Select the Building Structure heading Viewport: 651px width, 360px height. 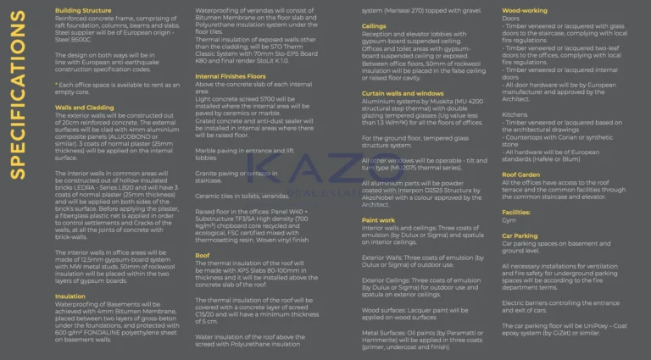tap(82, 10)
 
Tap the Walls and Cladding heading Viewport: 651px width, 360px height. tap(84, 108)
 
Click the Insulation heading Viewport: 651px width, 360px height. tap(70, 296)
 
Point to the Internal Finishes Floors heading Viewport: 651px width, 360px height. tap(231, 76)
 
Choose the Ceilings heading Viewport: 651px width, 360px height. tap(374, 26)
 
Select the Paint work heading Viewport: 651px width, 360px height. tap(378, 219)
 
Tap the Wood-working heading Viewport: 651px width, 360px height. tap(525, 10)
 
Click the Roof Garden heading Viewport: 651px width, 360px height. tap(520, 174)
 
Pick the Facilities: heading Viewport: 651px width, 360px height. tap(516, 213)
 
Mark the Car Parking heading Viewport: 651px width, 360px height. tap(520, 235)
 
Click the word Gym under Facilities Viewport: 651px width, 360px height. tap(509, 222)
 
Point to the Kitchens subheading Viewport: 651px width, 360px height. tap(515, 114)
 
